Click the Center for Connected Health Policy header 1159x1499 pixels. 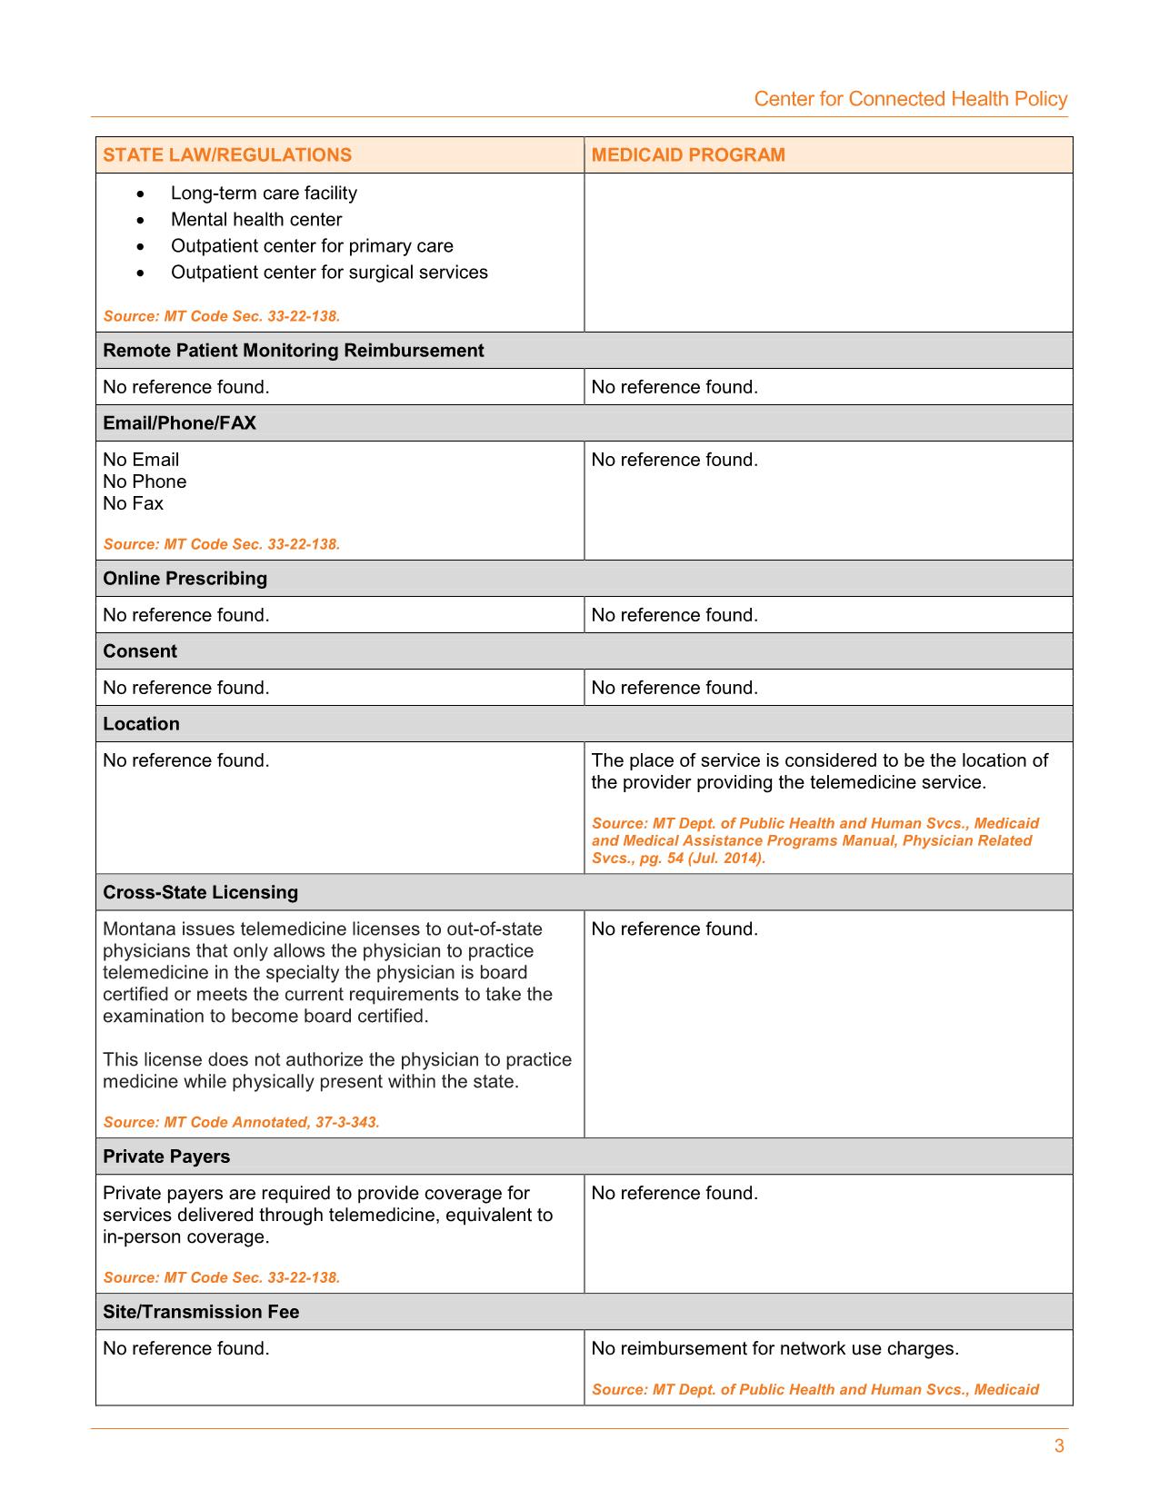[910, 99]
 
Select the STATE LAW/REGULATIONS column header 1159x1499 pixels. [227, 154]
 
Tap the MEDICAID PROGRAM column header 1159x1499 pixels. [688, 154]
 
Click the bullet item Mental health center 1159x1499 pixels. [256, 219]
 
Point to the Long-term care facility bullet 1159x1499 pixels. [264, 193]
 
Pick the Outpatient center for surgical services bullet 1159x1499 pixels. [329, 272]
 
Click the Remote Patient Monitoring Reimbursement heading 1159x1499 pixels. [293, 350]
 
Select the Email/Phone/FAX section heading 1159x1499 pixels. [179, 422]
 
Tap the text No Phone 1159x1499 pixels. [145, 481]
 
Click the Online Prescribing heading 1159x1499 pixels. [185, 578]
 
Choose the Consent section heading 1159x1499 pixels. [140, 650]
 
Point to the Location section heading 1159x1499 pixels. [141, 723]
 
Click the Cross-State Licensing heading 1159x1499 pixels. [200, 891]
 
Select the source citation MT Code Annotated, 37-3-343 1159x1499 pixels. [241, 1122]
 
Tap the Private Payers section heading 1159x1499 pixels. [166, 1156]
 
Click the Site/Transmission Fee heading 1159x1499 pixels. [201, 1311]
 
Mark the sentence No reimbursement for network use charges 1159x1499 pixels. [774, 1348]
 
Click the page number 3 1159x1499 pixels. [1059, 1446]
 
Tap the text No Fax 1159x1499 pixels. [133, 503]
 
